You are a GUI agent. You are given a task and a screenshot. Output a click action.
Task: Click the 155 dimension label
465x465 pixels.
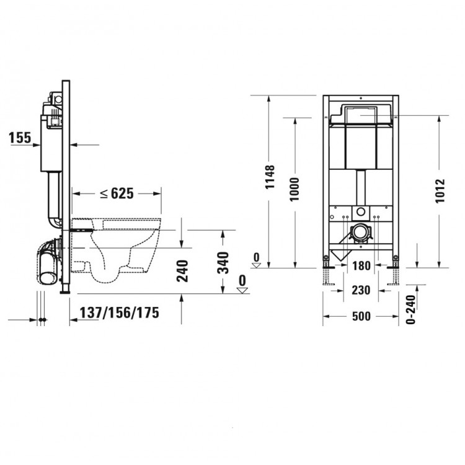pos(20,138)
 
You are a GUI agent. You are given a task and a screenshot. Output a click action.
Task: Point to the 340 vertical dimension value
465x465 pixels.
pos(223,263)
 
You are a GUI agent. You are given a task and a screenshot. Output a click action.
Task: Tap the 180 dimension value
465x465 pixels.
pos(362,267)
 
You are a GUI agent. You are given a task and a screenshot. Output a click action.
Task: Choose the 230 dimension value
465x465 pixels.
pos(362,290)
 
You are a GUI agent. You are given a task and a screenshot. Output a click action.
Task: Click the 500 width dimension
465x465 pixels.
pos(362,316)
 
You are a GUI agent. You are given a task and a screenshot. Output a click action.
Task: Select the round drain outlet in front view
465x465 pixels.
pos(359,234)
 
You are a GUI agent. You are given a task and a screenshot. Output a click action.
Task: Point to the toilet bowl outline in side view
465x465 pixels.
pos(118,248)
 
